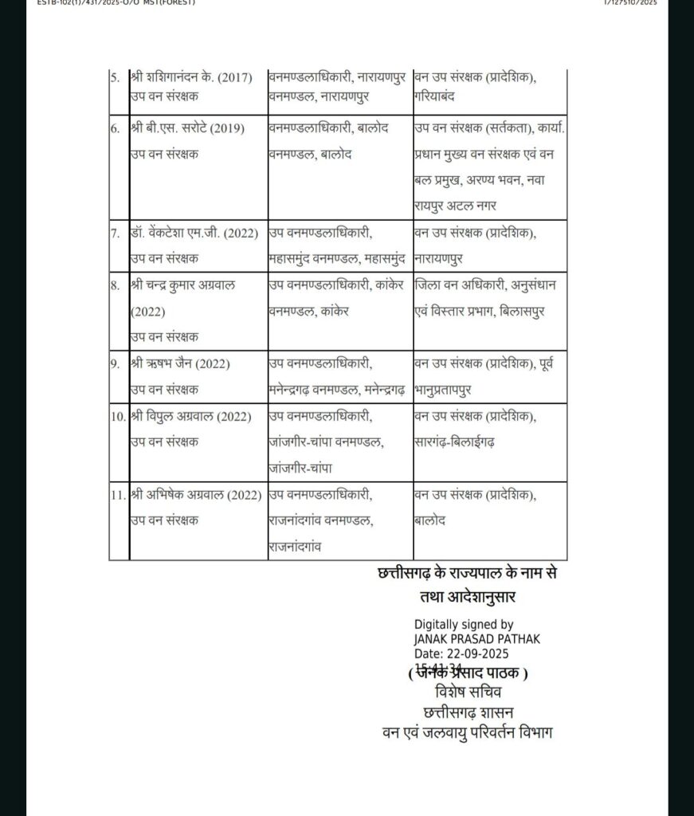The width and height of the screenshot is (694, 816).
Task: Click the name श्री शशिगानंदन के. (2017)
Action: click(x=191, y=78)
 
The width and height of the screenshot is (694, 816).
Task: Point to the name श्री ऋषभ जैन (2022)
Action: click(x=179, y=364)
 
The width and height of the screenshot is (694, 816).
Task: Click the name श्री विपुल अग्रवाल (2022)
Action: click(x=190, y=416)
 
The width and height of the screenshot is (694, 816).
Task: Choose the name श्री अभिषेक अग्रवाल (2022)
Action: click(x=195, y=495)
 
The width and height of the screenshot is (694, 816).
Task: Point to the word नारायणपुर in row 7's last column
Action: click(x=439, y=259)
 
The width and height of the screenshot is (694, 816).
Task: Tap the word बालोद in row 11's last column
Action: click(x=430, y=520)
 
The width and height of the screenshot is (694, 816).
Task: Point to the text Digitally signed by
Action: click(x=464, y=626)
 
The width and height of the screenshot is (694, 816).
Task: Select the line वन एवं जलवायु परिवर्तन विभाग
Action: click(x=467, y=730)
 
